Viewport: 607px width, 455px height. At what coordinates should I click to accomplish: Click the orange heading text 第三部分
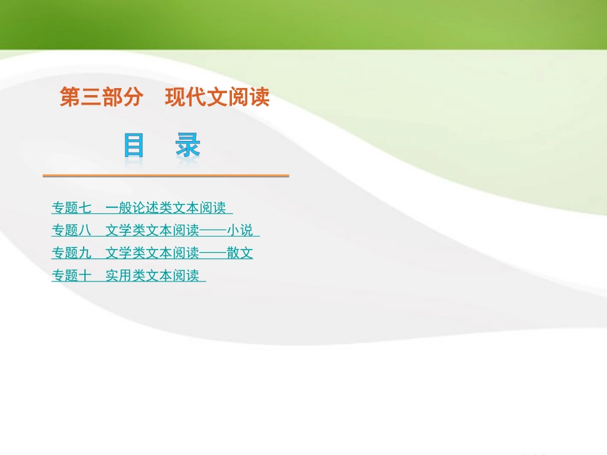[x=101, y=98]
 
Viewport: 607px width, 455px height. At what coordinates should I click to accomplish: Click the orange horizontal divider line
[x=165, y=175]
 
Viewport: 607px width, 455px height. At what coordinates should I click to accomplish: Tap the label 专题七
[x=72, y=208]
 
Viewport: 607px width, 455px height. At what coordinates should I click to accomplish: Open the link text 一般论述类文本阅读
[x=165, y=208]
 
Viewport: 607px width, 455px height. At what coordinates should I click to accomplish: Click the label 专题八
[x=72, y=230]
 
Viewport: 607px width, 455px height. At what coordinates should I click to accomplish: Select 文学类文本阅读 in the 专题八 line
[x=152, y=230]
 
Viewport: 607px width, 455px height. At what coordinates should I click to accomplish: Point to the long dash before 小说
[x=213, y=230]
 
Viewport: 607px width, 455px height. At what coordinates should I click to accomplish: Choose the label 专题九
[x=72, y=253]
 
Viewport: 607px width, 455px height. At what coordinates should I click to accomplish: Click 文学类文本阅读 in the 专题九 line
[x=152, y=253]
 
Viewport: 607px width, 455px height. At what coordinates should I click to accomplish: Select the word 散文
[x=240, y=253]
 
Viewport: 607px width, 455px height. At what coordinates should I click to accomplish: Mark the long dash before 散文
[x=213, y=253]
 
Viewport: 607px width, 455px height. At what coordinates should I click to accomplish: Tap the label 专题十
[x=72, y=276]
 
